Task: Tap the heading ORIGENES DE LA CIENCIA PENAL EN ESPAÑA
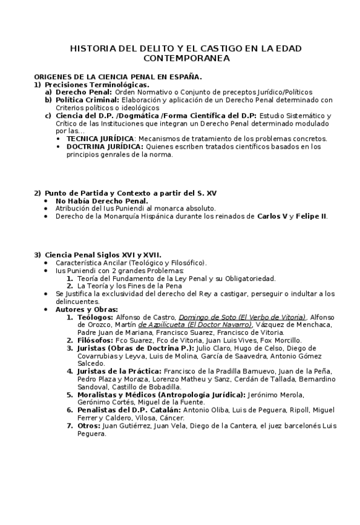(x=118, y=77)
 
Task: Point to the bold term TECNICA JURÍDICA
(x=100, y=139)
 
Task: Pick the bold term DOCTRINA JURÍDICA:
(x=105, y=147)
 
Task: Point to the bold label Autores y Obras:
(x=87, y=309)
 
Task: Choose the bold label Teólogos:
(x=95, y=317)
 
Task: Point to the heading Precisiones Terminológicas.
(x=96, y=84)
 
